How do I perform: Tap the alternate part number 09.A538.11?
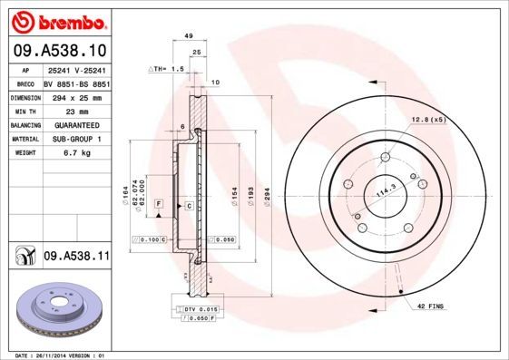(75, 258)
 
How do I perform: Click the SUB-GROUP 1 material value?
(73, 139)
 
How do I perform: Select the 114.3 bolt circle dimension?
(387, 191)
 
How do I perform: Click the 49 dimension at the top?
(188, 35)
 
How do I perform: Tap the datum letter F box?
(159, 207)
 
